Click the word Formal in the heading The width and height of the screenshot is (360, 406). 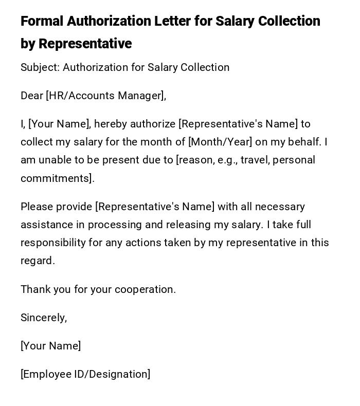[42, 21]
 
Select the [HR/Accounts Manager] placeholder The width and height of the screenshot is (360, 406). [106, 96]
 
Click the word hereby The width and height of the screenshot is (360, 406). [111, 124]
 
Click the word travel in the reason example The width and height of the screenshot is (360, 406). [255, 160]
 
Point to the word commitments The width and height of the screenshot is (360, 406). [57, 178]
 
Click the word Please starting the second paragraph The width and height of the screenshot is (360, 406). [37, 207]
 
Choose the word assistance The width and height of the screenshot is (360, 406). [45, 225]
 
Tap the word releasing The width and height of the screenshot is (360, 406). [177, 225]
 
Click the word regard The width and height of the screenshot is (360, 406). [37, 261]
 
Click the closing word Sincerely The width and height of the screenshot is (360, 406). [43, 318]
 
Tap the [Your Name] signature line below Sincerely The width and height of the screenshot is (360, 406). [50, 346]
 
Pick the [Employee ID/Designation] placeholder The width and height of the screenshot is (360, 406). [85, 374]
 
